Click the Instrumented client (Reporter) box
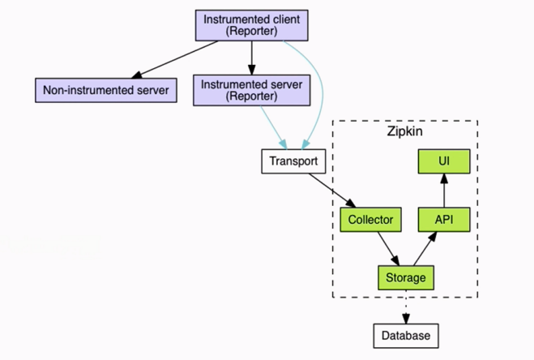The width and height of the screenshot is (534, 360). point(252,25)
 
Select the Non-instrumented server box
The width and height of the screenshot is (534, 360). point(106,90)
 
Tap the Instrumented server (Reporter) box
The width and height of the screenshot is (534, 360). point(252,90)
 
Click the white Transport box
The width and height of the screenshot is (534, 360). point(293,161)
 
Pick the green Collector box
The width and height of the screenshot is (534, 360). point(370,220)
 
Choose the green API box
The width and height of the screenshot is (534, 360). point(444,220)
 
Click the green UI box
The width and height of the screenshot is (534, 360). point(444,161)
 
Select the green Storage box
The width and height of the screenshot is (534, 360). point(406,277)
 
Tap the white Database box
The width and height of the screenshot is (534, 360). point(406,336)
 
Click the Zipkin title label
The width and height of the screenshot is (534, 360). point(404,131)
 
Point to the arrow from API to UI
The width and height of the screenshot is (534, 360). point(444,191)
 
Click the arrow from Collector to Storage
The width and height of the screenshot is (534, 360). point(389,249)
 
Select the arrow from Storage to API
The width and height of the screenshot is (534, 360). point(425,249)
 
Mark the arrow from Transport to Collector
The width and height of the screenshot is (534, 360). point(332,191)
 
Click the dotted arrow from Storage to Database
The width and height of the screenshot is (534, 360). point(406,306)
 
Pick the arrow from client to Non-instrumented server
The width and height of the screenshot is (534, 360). point(174,60)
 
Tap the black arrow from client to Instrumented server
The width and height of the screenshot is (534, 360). point(252,58)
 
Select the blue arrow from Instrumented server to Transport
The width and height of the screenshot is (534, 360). point(274,127)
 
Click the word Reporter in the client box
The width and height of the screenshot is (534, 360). point(252,31)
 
